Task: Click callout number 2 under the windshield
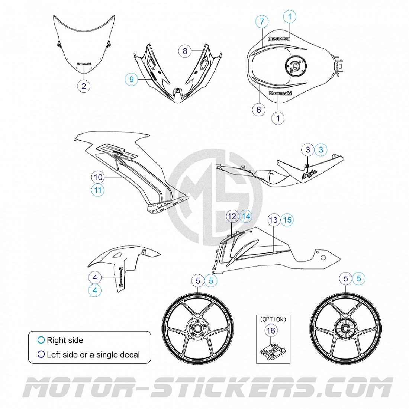pyautogui.click(x=84, y=86)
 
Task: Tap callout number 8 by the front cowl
pyautogui.click(x=185, y=51)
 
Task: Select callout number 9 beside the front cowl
pyautogui.click(x=131, y=79)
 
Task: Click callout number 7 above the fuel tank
pyautogui.click(x=262, y=22)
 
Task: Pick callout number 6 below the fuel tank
pyautogui.click(x=259, y=109)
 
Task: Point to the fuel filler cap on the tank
pyautogui.click(x=295, y=67)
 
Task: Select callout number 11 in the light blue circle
pyautogui.click(x=98, y=190)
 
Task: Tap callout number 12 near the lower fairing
pyautogui.click(x=232, y=216)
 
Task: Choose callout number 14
pyautogui.click(x=245, y=216)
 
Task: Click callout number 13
pyautogui.click(x=273, y=220)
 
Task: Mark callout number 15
pyautogui.click(x=287, y=220)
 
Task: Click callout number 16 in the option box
pyautogui.click(x=271, y=330)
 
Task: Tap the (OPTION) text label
pyautogui.click(x=273, y=319)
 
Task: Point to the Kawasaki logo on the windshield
pyautogui.click(x=84, y=64)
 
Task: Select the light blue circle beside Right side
pyautogui.click(x=41, y=340)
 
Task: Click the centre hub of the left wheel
pyautogui.click(x=198, y=328)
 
